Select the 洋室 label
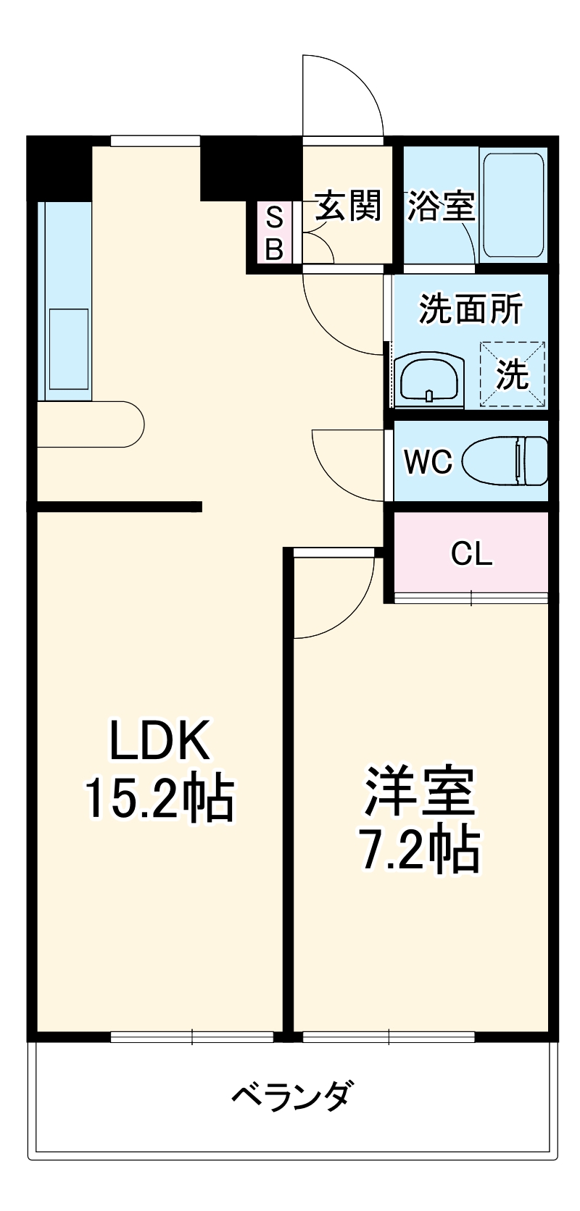coord(420,791)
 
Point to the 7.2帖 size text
coord(420,850)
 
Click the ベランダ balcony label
coord(293,1096)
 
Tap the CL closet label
coord(471,554)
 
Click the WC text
coord(428,462)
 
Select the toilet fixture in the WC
coord(506,461)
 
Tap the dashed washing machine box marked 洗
coord(512,374)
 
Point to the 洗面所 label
coord(471,309)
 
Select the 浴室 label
coord(440,206)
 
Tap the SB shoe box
coord(274,232)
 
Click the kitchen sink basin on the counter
coord(69,348)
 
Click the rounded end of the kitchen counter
coord(133,424)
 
